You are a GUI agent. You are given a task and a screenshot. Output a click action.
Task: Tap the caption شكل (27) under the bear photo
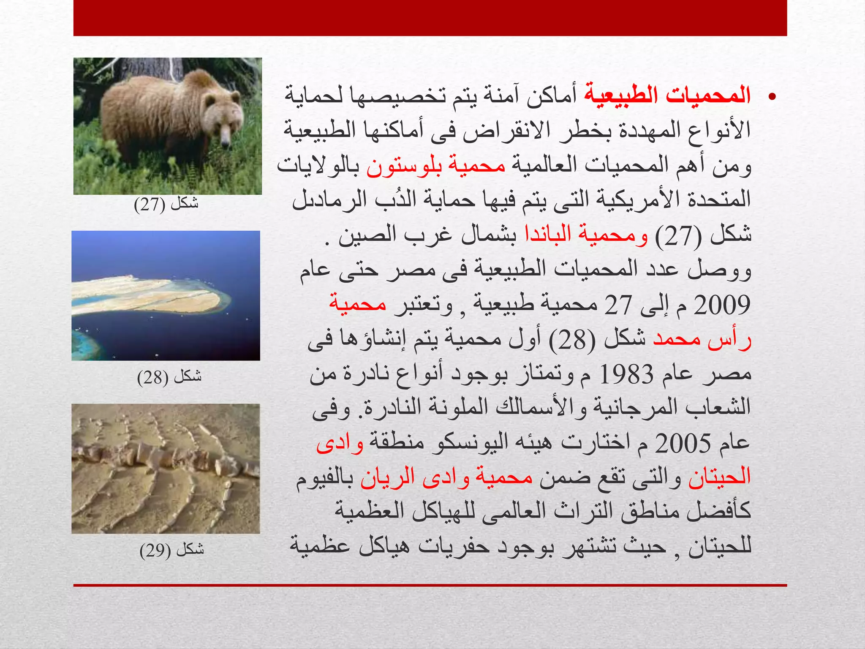[166, 204]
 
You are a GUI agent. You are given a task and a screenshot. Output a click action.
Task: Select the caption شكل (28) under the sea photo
[169, 376]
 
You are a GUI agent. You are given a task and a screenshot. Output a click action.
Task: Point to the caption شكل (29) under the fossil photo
[171, 550]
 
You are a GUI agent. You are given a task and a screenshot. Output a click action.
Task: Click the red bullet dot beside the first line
[772, 97]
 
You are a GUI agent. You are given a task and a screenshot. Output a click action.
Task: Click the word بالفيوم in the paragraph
[325, 478]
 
